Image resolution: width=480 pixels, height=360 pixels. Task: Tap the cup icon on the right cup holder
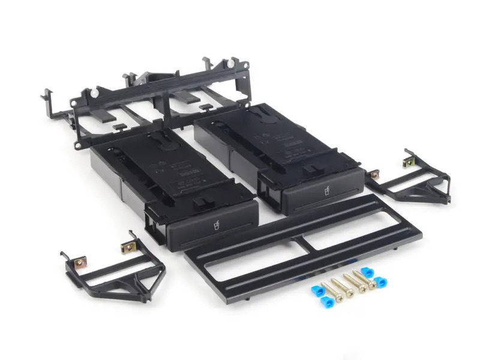coord(328,192)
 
